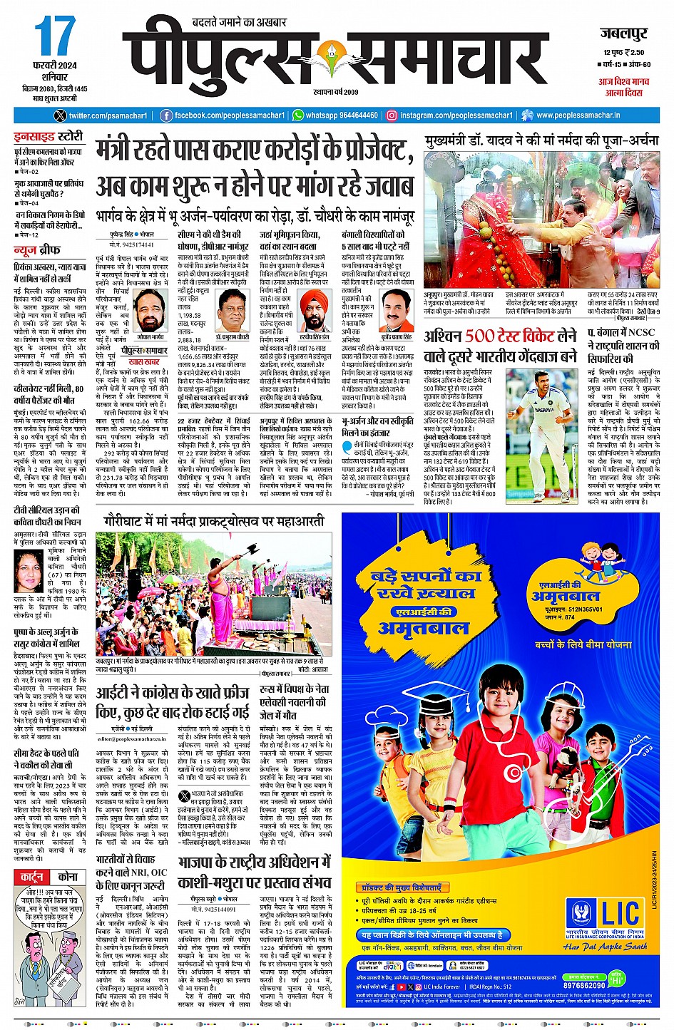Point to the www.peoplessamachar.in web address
coord(578,115)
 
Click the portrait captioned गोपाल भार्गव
coord(150,311)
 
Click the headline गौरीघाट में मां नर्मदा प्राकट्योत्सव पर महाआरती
coord(213,521)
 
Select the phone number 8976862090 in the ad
coord(585,986)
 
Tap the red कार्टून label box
coord(32,877)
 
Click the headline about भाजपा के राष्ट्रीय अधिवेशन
coord(254,872)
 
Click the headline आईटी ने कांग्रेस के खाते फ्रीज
coord(173,703)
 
